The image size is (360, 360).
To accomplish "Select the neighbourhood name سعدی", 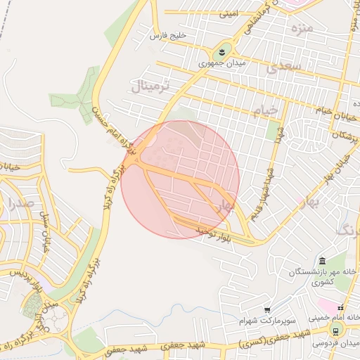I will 284,68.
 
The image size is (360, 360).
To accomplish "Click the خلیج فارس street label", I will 169,34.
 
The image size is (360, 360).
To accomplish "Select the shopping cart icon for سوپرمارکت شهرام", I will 267,309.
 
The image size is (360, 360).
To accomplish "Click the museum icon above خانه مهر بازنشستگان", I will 322,261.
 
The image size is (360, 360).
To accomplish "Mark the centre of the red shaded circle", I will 180,179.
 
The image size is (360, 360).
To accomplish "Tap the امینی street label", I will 229,13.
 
